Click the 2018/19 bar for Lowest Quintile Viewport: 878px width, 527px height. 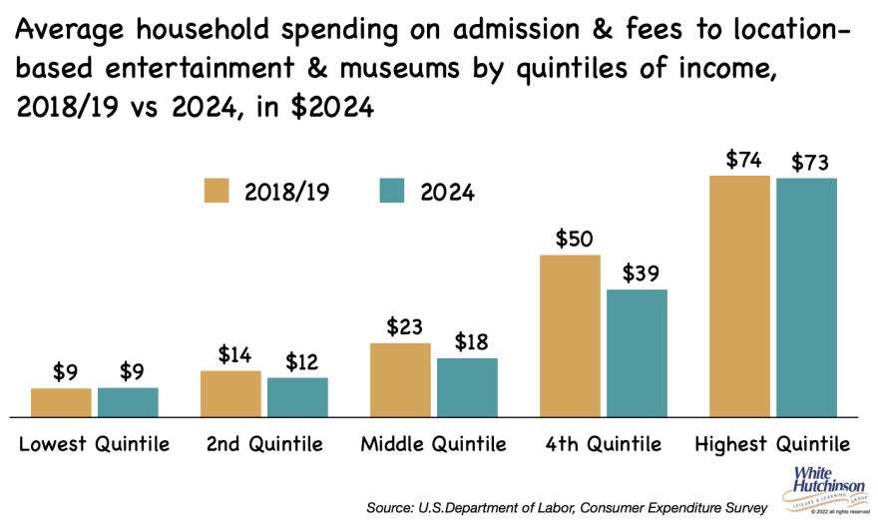click(x=61, y=402)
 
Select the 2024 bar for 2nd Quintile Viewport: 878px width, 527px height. click(x=297, y=397)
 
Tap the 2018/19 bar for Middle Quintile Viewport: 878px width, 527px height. click(x=400, y=380)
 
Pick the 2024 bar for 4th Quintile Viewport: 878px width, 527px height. click(x=637, y=353)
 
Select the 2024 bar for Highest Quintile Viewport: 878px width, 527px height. click(x=806, y=297)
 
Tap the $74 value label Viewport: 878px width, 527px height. click(x=739, y=160)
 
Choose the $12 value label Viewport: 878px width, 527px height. click(x=297, y=361)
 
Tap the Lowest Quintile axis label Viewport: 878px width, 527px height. click(x=95, y=444)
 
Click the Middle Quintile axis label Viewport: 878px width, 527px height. click(x=434, y=444)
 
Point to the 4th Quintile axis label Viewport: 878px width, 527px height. click(x=604, y=444)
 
